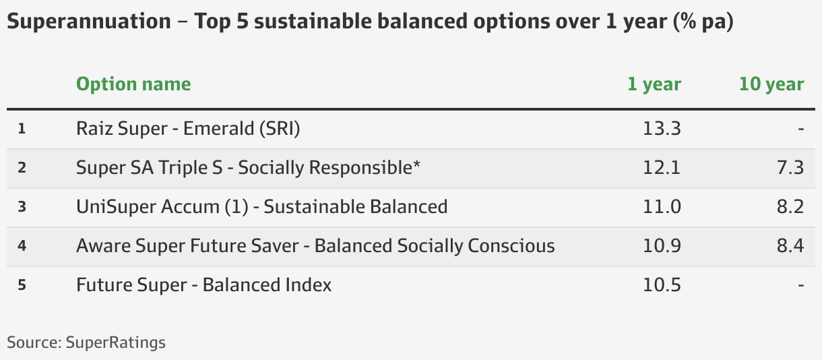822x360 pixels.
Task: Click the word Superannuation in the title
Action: click(x=89, y=21)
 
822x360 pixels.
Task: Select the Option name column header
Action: click(x=133, y=84)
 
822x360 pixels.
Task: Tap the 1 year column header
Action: click(x=654, y=84)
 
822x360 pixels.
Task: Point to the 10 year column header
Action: click(x=771, y=84)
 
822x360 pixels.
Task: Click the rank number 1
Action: click(x=22, y=129)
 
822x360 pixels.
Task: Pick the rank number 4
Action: click(x=22, y=246)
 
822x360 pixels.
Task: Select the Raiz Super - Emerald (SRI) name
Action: click(x=188, y=129)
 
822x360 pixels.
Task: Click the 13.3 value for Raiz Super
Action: click(x=662, y=129)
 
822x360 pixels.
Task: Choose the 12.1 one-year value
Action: click(x=662, y=168)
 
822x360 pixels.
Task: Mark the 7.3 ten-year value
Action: click(x=790, y=168)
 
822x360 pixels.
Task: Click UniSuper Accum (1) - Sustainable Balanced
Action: click(x=261, y=207)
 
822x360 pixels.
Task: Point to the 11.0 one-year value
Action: click(x=662, y=207)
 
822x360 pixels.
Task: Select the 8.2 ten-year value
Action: click(x=790, y=207)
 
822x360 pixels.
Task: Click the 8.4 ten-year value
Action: click(x=790, y=246)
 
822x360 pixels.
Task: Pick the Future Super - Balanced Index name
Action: click(x=203, y=285)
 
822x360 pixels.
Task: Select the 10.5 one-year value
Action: click(x=662, y=285)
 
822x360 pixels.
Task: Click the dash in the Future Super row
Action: click(x=800, y=285)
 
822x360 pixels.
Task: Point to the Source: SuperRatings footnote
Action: click(x=86, y=342)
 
